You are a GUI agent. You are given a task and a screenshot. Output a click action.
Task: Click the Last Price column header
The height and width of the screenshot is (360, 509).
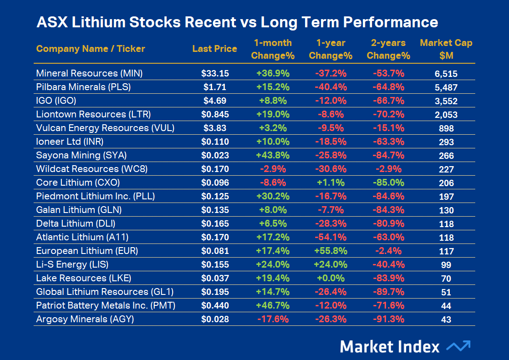tap(214, 49)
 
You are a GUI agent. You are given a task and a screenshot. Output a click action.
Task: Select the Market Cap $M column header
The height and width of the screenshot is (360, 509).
tap(446, 49)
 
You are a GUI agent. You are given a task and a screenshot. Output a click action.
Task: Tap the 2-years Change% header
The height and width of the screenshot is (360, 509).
tap(388, 49)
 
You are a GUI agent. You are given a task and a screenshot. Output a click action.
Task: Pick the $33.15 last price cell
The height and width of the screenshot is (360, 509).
tap(215, 73)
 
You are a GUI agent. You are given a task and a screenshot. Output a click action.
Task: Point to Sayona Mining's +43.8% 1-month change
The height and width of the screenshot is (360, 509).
tap(273, 155)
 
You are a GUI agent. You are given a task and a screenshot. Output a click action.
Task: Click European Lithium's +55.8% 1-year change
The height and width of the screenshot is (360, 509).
tap(331, 251)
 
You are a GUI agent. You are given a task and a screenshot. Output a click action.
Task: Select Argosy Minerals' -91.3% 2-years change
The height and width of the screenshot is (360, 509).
tap(388, 319)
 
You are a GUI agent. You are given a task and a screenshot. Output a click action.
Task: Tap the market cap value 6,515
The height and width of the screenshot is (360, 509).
tap(446, 74)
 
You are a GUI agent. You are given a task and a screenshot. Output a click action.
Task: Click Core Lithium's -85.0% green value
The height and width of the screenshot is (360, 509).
tap(388, 183)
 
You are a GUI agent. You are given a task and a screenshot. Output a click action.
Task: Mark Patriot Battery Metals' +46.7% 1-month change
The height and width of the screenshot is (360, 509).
tap(273, 305)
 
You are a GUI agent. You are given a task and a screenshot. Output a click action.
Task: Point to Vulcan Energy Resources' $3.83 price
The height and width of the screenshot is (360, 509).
tap(215, 128)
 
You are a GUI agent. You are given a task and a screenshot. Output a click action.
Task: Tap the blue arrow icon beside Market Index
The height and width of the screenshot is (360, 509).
tap(458, 346)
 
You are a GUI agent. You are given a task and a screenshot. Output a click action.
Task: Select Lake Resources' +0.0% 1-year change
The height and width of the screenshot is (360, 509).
tap(331, 278)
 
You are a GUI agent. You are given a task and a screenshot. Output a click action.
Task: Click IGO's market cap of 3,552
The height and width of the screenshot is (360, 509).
tap(446, 101)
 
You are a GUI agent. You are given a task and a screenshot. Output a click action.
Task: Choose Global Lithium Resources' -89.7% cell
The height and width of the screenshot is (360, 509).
tap(388, 292)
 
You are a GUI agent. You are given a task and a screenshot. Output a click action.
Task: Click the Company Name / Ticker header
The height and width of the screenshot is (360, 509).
tap(91, 49)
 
